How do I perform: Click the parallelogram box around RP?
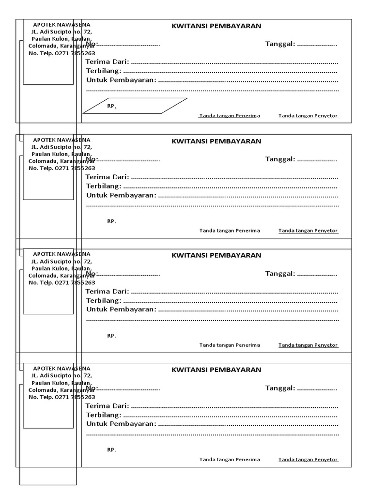coord(135,106)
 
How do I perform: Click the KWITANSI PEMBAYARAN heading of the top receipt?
coord(216,27)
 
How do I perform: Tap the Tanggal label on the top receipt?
coord(280,45)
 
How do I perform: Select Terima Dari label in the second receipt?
coord(107,177)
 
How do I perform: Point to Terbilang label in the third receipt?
coord(103,300)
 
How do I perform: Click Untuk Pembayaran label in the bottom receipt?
coord(121,424)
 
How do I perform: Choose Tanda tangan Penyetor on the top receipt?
coord(308,116)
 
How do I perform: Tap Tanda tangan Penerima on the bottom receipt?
coord(230,459)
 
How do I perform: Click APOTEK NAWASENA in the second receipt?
coord(61,139)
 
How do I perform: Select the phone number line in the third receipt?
coord(62,282)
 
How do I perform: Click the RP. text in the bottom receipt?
coord(111,450)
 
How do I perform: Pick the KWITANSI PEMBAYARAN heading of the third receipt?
coord(216,255)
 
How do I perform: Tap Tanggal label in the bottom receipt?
coord(280,388)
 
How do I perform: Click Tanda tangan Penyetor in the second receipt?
coord(308,231)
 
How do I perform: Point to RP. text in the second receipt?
coord(111,221)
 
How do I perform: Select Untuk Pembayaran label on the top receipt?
coord(121,80)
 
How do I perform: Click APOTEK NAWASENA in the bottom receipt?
coord(61,368)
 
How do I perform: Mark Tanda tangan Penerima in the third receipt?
coord(230,345)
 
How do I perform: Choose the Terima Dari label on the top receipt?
coord(107,62)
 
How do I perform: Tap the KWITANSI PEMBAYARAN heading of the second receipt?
coord(216,141)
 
